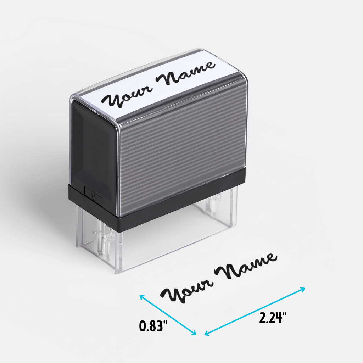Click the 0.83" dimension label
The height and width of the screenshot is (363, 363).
coord(153,326)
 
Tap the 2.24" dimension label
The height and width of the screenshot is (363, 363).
coord(273,318)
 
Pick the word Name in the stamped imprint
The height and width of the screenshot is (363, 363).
coord(246,266)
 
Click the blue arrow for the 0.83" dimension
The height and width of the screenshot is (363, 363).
coord(168,315)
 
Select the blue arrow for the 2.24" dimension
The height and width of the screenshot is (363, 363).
coord(255,311)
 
